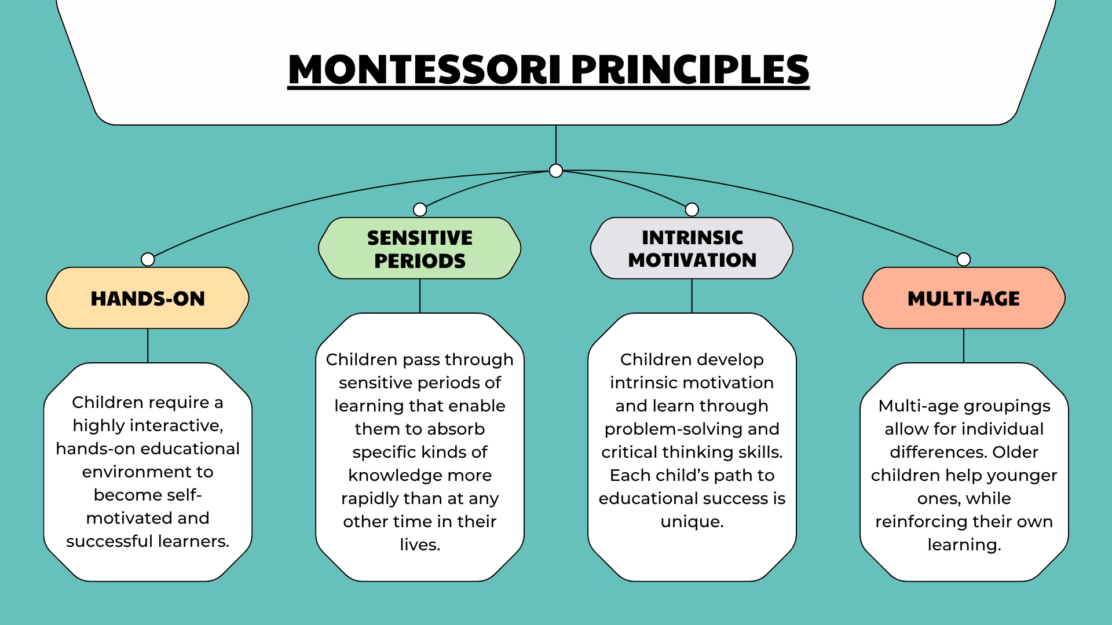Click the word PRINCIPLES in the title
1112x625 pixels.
[690, 69]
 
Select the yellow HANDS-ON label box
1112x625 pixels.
[148, 298]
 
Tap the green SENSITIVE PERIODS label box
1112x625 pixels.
[420, 248]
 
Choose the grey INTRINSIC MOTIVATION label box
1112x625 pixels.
[692, 248]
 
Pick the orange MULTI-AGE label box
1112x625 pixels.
[964, 298]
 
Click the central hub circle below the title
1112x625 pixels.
[556, 171]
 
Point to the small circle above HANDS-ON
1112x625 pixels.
[148, 259]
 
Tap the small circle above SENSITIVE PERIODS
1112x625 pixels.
[420, 209]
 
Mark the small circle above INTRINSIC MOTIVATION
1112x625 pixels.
[692, 209]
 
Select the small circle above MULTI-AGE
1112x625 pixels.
[964, 259]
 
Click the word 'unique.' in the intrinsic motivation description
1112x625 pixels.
[692, 522]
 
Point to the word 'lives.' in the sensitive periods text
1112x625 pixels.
[420, 545]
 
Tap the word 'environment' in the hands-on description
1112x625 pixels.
[148, 472]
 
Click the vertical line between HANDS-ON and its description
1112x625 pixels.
[148, 346]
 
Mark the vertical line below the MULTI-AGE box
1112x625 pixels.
[964, 346]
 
